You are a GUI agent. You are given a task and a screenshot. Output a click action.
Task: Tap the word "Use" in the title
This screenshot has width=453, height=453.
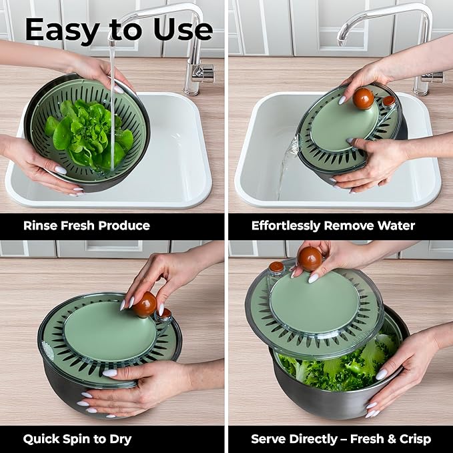[x=183, y=29]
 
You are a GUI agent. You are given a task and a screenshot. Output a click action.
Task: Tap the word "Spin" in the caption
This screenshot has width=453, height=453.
[x=75, y=439]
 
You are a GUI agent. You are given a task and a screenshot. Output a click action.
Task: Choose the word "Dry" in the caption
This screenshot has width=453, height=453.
[x=120, y=439]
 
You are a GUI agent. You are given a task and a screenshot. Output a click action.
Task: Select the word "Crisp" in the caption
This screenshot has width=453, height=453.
[x=415, y=439]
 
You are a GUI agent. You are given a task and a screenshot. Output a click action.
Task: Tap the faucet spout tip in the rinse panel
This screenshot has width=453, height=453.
[x=112, y=43]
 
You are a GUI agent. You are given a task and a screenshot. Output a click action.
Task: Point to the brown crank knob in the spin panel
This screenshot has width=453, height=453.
[x=145, y=304]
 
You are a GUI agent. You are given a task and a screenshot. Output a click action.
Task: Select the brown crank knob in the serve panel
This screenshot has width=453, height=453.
[x=310, y=259]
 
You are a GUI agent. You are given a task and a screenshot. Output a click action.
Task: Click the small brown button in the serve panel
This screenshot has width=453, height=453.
[x=276, y=266]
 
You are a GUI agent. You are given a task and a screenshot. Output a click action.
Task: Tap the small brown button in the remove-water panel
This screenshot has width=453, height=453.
[x=388, y=101]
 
